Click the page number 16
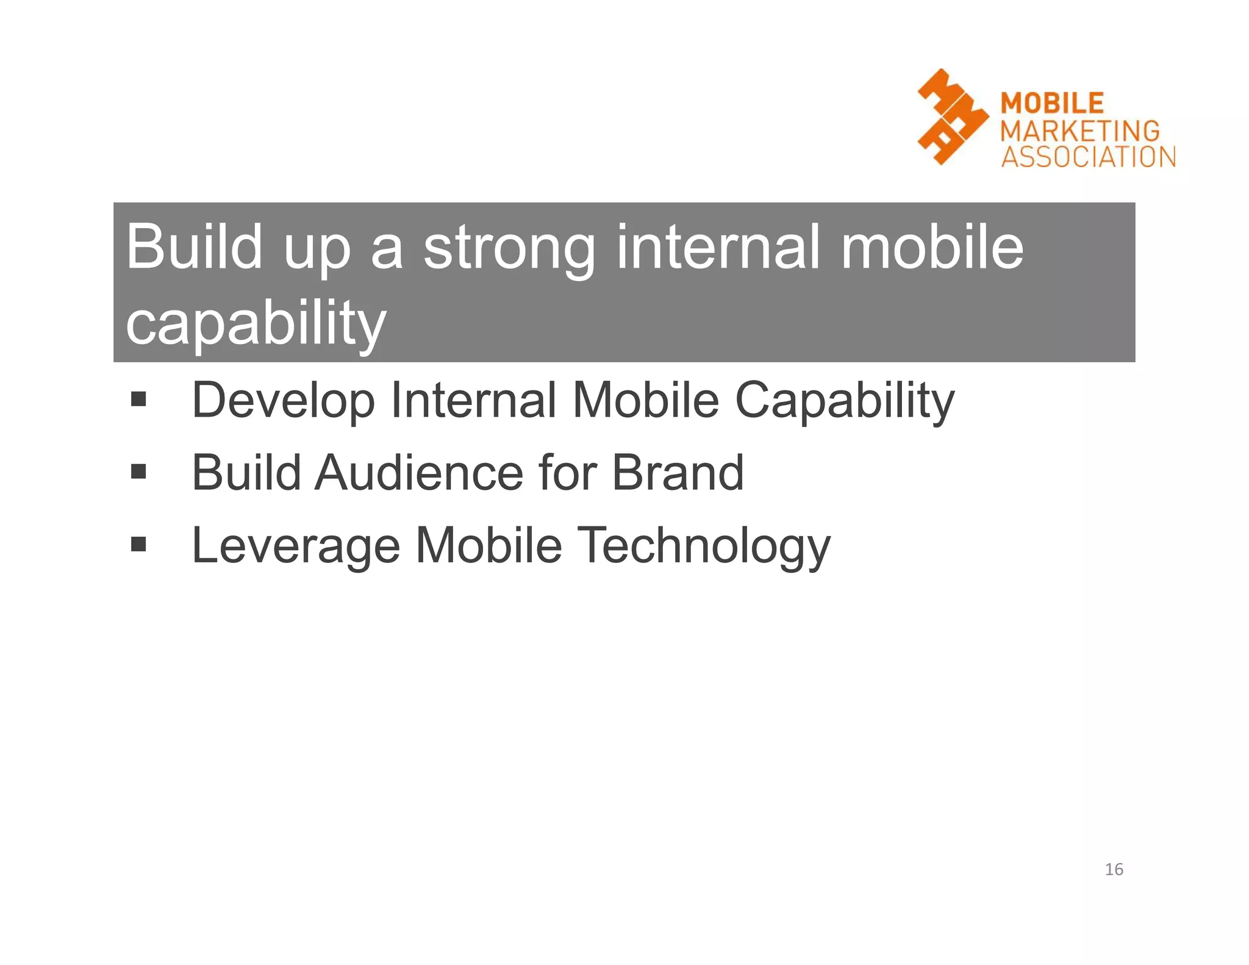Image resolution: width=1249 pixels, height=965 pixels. click(1114, 869)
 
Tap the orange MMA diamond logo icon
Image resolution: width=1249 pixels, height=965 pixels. click(951, 117)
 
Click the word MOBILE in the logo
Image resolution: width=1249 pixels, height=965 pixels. click(1052, 103)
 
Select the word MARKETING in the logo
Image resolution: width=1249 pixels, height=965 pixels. click(1080, 131)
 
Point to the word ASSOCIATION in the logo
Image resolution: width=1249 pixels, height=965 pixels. click(1089, 157)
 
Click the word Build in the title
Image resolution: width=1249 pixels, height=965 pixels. click(194, 247)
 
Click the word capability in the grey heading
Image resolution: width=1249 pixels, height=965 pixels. click(256, 323)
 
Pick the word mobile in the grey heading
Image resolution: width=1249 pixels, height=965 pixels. click(932, 247)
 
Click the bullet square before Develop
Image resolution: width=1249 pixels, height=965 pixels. click(138, 400)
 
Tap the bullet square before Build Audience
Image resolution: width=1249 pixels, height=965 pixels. click(138, 472)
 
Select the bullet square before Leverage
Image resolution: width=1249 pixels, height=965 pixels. click(138, 543)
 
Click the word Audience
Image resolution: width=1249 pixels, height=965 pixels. click(418, 473)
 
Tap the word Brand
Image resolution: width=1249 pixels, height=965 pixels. click(678, 473)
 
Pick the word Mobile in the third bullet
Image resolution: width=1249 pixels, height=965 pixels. click(488, 545)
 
